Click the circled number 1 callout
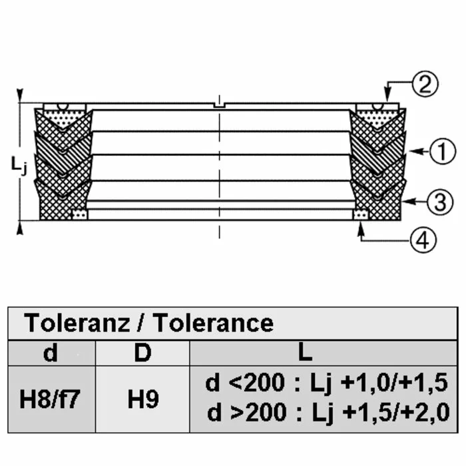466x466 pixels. [443, 151]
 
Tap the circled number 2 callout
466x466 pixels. [425, 84]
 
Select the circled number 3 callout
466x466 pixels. [440, 202]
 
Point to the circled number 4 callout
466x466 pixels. [423, 240]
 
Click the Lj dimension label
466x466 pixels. [19, 166]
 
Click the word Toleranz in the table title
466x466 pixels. [77, 323]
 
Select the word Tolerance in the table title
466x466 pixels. [214, 323]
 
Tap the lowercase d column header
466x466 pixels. [50, 353]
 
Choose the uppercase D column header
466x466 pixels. [142, 353]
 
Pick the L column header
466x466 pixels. [305, 353]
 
